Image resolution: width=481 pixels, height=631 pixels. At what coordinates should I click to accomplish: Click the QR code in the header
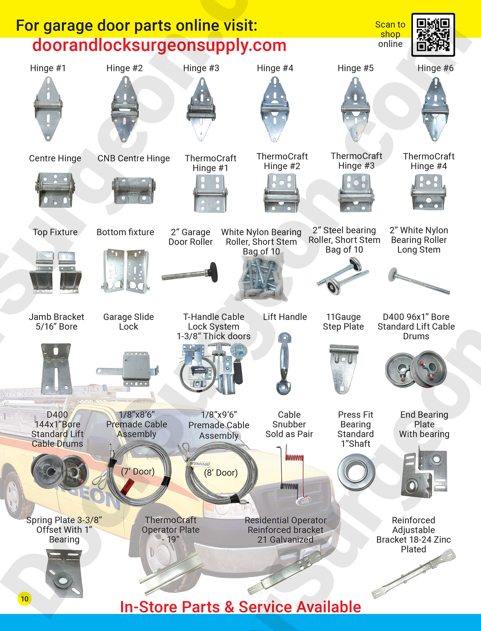pyautogui.click(x=433, y=35)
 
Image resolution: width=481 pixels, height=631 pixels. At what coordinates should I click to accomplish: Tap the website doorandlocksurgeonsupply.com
pyautogui.click(x=159, y=45)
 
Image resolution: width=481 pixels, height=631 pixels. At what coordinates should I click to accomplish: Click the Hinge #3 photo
pyautogui.click(x=201, y=109)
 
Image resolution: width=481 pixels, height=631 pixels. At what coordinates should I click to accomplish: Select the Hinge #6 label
pyautogui.click(x=435, y=68)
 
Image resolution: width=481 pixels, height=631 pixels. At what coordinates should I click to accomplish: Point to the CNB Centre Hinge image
pyautogui.click(x=134, y=191)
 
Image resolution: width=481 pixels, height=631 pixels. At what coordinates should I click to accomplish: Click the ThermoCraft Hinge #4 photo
pyautogui.click(x=429, y=192)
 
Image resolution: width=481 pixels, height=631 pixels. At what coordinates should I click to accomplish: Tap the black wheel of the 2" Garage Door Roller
pyautogui.click(x=213, y=271)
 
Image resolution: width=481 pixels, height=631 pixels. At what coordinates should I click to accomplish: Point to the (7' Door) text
pyautogui.click(x=138, y=471)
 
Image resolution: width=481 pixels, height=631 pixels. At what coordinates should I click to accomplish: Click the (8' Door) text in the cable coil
pyautogui.click(x=221, y=473)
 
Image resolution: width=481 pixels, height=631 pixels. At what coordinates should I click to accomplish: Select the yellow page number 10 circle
pyautogui.click(x=24, y=599)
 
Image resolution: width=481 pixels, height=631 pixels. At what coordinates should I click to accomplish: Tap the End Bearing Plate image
pyautogui.click(x=424, y=473)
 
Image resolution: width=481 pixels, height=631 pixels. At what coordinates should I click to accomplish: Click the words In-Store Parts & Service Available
pyautogui.click(x=240, y=607)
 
